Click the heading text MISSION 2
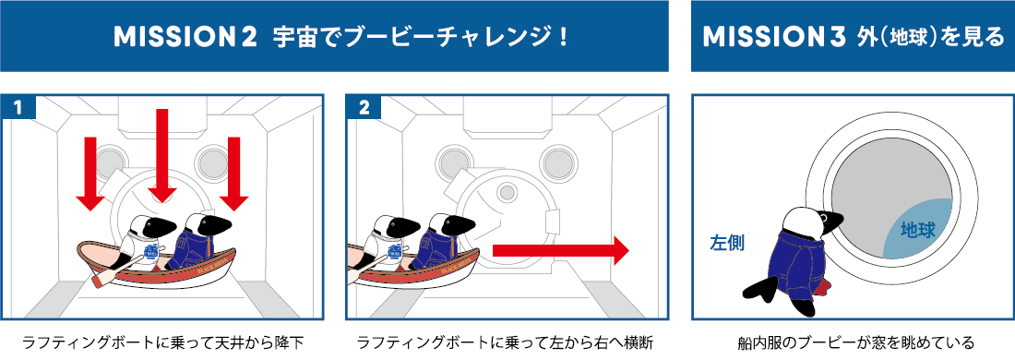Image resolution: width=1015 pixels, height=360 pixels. pyautogui.click(x=185, y=37)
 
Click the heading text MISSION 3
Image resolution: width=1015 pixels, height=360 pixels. pyautogui.click(x=774, y=37)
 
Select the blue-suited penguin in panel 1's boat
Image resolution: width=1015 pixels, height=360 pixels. pyautogui.click(x=198, y=240)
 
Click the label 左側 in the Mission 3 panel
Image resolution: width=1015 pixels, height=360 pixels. pyautogui.click(x=727, y=244)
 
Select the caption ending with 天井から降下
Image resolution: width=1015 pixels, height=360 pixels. pyautogui.click(x=162, y=342)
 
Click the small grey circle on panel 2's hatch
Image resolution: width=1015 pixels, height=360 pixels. pyautogui.click(x=507, y=192)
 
